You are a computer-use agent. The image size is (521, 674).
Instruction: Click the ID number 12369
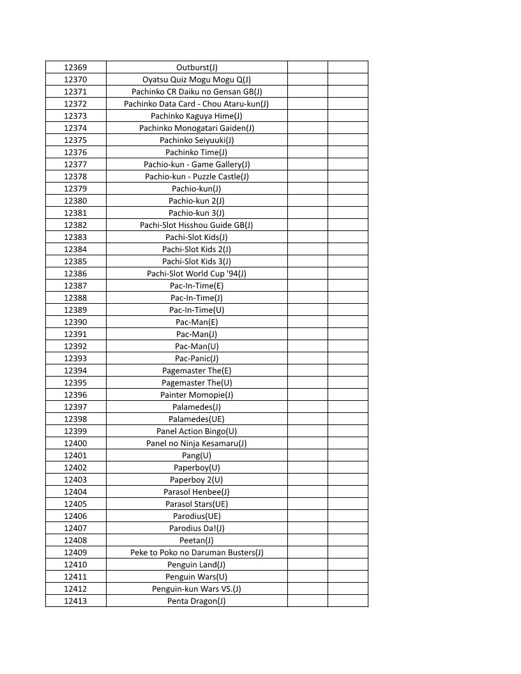coord(75,67)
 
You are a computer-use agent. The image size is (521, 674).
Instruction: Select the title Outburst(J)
coord(197,67)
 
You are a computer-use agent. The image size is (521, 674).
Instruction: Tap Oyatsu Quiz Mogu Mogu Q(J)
coord(197,79)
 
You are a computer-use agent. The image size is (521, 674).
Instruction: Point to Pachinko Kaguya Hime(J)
coord(197,116)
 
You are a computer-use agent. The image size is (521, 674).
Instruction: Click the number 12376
coord(75,152)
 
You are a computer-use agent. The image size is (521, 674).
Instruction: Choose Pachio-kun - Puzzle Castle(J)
coord(197,176)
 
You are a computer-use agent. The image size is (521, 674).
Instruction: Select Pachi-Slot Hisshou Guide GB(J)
coord(197,225)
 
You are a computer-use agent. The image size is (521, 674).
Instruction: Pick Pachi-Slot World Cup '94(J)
coord(197,273)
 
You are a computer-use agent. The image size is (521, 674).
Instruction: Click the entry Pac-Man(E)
coord(197,322)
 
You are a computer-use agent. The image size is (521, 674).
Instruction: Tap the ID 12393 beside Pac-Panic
coord(75,358)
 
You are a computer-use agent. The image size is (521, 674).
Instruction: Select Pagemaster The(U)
coord(197,382)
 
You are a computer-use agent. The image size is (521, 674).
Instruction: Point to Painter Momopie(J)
coord(197,394)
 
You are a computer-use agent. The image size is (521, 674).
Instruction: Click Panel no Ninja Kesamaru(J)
coord(197,443)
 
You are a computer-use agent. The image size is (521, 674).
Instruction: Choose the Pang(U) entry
coord(197,455)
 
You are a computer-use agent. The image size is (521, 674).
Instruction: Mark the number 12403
coord(75,479)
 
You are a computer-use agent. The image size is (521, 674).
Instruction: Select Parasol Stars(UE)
coord(197,504)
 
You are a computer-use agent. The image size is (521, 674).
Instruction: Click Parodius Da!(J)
coord(197,528)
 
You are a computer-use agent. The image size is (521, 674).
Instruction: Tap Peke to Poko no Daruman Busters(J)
coord(197,552)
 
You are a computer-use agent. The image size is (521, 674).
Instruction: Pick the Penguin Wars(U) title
coord(197,576)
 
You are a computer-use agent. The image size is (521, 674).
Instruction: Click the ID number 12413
coord(75,601)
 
